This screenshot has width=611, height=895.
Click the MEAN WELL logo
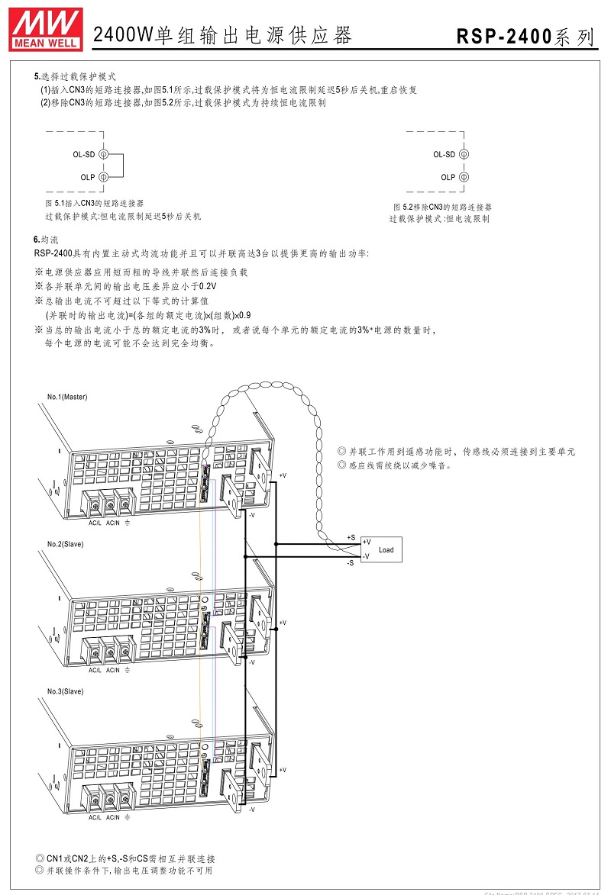pyautogui.click(x=46, y=30)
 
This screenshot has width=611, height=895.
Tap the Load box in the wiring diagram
pyautogui.click(x=381, y=549)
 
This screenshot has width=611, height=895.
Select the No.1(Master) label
pyautogui.click(x=67, y=397)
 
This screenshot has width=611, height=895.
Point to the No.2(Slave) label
pyautogui.click(x=65, y=544)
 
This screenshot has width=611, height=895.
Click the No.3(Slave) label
pyautogui.click(x=65, y=691)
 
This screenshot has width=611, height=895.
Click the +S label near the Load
pyautogui.click(x=351, y=538)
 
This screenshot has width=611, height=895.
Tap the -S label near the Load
pyautogui.click(x=351, y=563)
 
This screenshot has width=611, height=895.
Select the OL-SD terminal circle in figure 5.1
pyautogui.click(x=103, y=154)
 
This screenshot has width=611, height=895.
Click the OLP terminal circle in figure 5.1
pyautogui.click(x=103, y=177)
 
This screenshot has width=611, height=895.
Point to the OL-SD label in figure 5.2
pyautogui.click(x=444, y=154)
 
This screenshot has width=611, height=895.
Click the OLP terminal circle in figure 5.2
pyautogui.click(x=464, y=177)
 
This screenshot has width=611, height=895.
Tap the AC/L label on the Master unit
pyautogui.click(x=95, y=523)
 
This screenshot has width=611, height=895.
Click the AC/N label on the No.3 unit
pyautogui.click(x=112, y=817)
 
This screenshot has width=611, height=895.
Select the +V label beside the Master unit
pyautogui.click(x=283, y=475)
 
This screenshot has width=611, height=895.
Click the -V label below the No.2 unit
pyautogui.click(x=251, y=662)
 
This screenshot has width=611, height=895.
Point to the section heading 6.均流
pyautogui.click(x=46, y=240)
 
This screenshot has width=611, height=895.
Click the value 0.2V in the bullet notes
pyautogui.click(x=208, y=287)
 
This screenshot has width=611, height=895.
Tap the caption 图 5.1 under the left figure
pyautogui.click(x=54, y=203)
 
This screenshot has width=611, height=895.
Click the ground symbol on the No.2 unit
pyautogui.click(x=127, y=670)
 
